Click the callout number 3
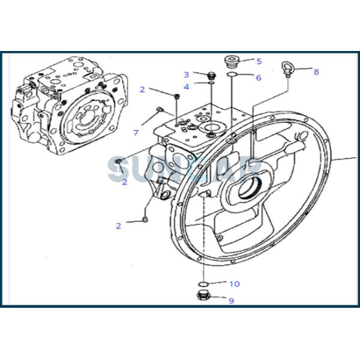[x=186, y=74]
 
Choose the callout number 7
[x=136, y=132]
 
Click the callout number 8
[x=316, y=71]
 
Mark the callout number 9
[x=231, y=301]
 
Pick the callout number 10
[x=234, y=284]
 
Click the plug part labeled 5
[x=232, y=61]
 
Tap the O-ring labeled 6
[x=231, y=76]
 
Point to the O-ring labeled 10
[x=203, y=283]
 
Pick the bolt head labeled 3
[x=210, y=76]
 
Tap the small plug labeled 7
[x=159, y=109]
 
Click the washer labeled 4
[x=211, y=84]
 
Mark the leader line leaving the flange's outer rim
[x=345, y=160]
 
